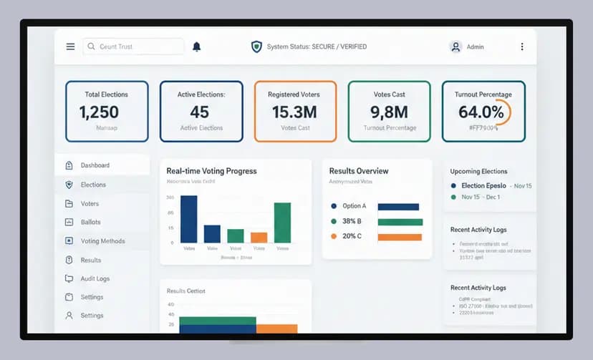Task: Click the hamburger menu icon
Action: coord(70,47)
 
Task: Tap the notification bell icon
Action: coord(196,47)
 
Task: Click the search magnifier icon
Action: coord(91,47)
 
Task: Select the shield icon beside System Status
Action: coord(256,47)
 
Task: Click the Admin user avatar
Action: coord(455,47)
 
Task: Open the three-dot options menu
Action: coord(522,47)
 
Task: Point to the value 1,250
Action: coord(99,112)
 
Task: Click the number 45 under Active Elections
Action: coord(200,112)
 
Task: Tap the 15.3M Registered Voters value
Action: coord(294,112)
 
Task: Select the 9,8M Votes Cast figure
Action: coord(389,112)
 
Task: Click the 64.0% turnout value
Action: coord(481,112)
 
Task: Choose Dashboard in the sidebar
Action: coord(95,165)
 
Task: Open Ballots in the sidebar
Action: coord(90,222)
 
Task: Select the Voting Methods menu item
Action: coord(102,241)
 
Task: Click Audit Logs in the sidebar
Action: coord(95,278)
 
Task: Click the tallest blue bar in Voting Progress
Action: coord(188,219)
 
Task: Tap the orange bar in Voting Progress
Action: coord(259,238)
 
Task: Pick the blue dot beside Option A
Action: coord(333,206)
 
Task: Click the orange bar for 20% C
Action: coord(399,237)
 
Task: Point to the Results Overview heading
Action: coord(359,171)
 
